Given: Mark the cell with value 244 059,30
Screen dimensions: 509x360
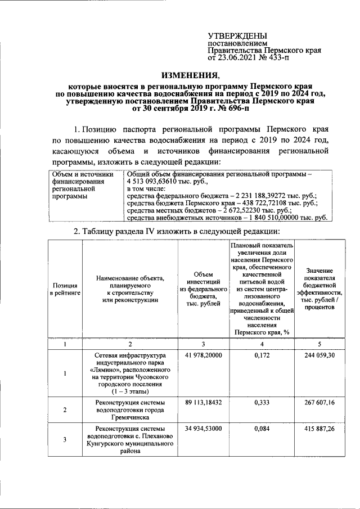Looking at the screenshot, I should [319, 355].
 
